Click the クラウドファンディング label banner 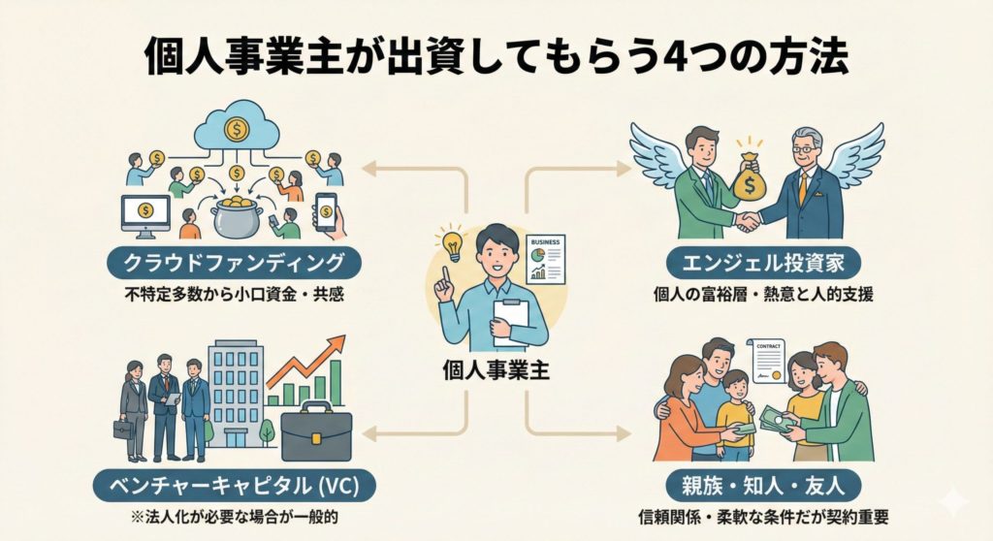pos(235,262)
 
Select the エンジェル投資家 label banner pos(756,262)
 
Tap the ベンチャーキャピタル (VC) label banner pos(235,481)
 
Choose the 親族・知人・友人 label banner pos(758,481)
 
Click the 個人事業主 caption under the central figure pos(496,370)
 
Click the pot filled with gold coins pos(235,214)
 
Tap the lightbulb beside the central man pos(449,243)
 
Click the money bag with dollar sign pos(748,177)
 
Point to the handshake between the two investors pos(748,222)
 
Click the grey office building pos(236,393)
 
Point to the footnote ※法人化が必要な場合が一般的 pos(235,515)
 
